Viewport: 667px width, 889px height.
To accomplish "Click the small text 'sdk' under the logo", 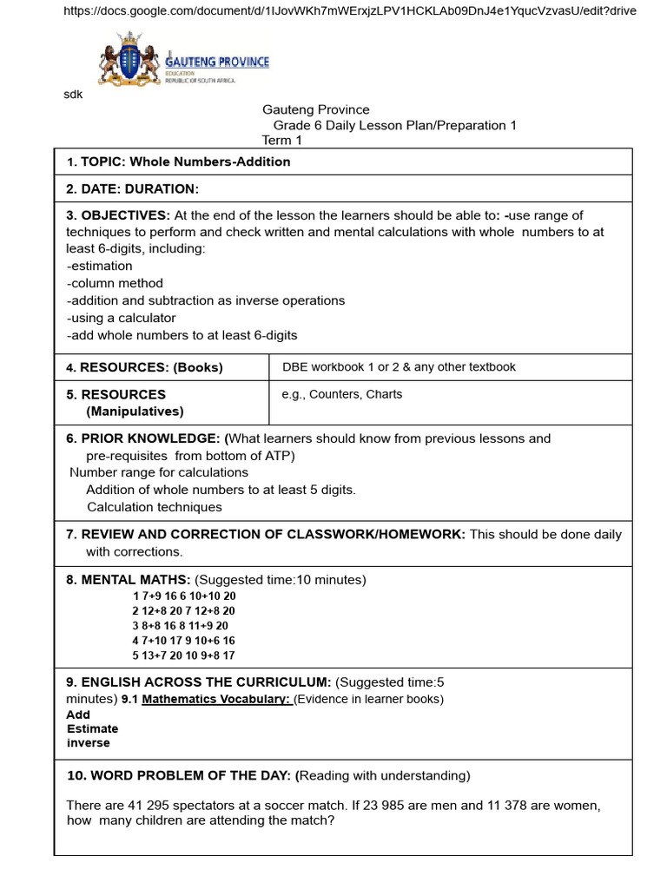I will (73, 95).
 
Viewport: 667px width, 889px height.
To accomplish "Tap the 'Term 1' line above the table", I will (282, 141).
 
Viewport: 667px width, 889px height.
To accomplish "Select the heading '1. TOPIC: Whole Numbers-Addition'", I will (179, 162).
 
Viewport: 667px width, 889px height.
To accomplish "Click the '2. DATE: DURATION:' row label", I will (133, 189).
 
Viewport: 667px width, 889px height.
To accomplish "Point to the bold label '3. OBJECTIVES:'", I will (118, 215).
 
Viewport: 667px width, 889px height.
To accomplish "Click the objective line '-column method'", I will (115, 283).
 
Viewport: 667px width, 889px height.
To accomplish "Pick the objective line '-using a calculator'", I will (121, 318).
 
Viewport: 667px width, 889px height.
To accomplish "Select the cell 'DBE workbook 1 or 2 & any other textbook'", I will (399, 367).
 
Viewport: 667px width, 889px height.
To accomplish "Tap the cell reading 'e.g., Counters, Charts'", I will (342, 394).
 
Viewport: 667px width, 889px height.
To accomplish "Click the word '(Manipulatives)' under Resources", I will (135, 412).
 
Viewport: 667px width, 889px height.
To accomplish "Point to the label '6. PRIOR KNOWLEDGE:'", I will (143, 438).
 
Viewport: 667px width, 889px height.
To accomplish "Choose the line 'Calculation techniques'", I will (155, 507).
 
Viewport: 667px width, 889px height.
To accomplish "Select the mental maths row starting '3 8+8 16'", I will (181, 625).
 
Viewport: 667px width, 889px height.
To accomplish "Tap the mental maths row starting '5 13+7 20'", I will (183, 655).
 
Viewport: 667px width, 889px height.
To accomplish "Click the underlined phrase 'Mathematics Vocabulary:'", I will (215, 700).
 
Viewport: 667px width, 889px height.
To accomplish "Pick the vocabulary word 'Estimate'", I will (92, 729).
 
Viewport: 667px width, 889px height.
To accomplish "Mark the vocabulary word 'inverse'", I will (89, 743).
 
